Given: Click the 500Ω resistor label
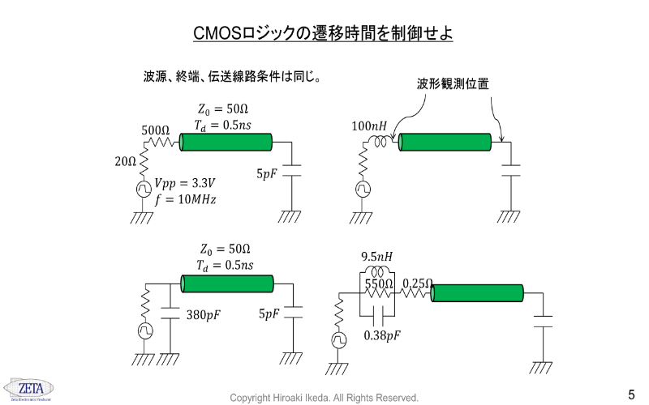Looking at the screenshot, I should [x=156, y=130].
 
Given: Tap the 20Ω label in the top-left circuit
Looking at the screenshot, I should [x=125, y=161].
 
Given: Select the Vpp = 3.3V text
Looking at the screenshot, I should [x=183, y=183].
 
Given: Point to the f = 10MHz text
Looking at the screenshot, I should [x=183, y=198].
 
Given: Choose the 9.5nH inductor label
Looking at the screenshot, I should [x=376, y=257].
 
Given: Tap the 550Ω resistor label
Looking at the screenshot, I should [x=379, y=283].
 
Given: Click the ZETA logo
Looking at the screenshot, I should [x=26, y=387].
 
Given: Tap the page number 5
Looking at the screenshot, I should [x=631, y=394].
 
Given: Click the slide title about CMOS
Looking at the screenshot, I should [x=323, y=34].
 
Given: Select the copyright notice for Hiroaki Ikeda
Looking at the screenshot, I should [x=324, y=398].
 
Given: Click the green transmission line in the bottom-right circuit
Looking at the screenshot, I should [x=477, y=293].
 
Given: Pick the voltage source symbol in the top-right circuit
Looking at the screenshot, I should [x=363, y=190].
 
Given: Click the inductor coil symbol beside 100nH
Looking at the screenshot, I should [x=380, y=143].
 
